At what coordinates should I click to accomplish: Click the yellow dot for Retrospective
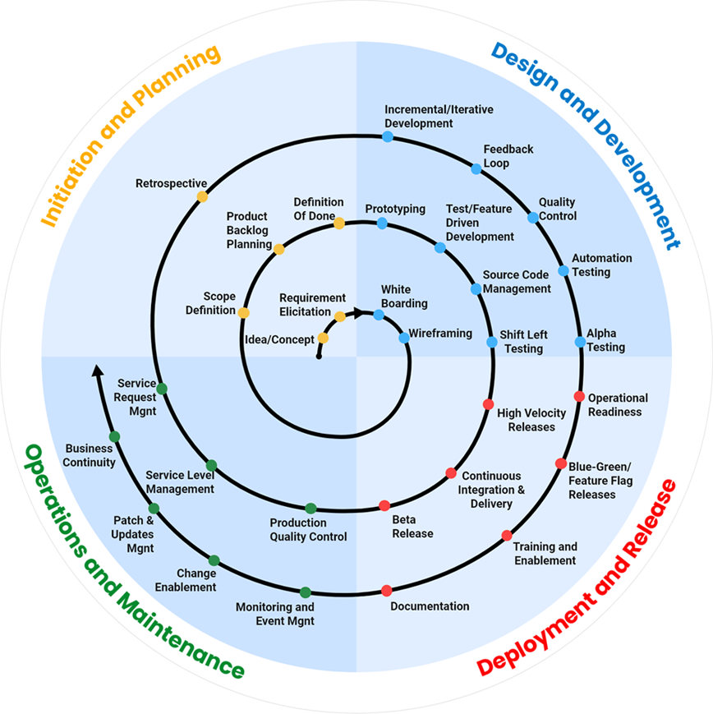(x=202, y=197)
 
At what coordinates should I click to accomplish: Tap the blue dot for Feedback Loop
(x=476, y=168)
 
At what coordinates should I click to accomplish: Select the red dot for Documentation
(x=387, y=590)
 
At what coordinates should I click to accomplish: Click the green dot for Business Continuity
(x=114, y=436)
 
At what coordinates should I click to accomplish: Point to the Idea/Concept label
(x=280, y=339)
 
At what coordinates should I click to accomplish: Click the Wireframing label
(x=441, y=334)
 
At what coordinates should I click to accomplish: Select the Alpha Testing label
(x=605, y=341)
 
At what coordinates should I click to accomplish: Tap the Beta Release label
(x=412, y=527)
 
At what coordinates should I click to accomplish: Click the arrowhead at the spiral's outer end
(x=97, y=371)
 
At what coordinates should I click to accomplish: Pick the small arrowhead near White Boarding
(x=358, y=312)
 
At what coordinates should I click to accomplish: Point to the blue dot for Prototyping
(x=382, y=223)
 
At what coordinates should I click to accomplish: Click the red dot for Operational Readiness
(x=579, y=397)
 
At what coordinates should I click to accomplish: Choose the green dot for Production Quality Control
(x=310, y=509)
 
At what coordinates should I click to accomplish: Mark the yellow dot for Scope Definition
(x=243, y=312)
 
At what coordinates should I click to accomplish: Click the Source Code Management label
(x=517, y=282)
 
